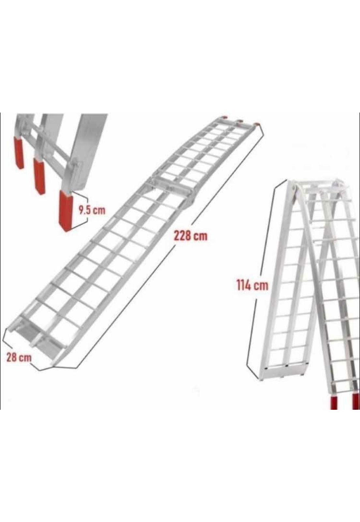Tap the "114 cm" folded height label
pos(252,285)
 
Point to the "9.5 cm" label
pos(92,210)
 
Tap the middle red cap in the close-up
pos(39,176)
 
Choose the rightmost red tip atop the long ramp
pos(257,124)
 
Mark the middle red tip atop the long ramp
pos(240,120)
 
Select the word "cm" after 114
pos(261,285)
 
